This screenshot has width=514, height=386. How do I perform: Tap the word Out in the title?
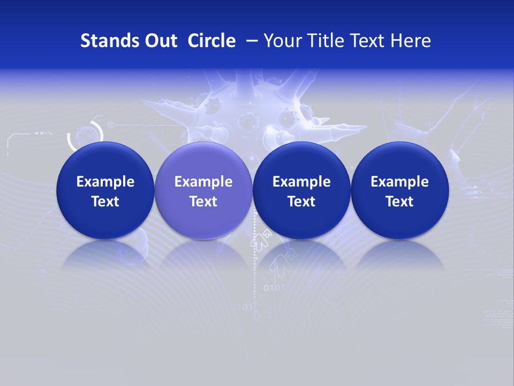[160, 41]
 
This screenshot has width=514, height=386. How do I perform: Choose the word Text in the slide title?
[367, 41]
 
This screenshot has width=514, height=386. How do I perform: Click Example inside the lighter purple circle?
[203, 182]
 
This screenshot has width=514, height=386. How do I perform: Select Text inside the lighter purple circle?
[203, 202]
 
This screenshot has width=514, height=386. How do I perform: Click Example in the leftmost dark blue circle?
[105, 182]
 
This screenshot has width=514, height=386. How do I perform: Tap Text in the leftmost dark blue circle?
[105, 202]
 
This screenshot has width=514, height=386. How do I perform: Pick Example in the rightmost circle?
[399, 182]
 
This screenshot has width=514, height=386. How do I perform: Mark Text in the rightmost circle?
[399, 202]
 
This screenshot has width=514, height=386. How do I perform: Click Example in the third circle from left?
[301, 182]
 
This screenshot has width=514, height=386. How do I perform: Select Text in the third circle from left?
[301, 202]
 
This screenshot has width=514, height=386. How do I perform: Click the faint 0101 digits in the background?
[274, 288]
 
